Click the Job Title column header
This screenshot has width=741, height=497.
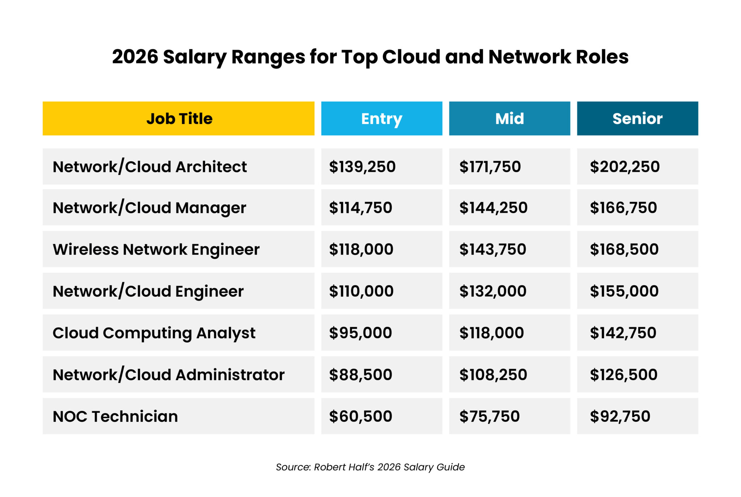(x=179, y=119)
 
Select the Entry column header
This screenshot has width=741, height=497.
(x=381, y=119)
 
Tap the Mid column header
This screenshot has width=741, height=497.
(x=509, y=119)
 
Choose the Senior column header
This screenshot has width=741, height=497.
(x=637, y=119)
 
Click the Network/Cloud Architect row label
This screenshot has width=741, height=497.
(x=149, y=167)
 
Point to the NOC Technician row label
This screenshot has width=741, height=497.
(x=115, y=416)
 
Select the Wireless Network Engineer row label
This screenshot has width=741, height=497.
(x=156, y=250)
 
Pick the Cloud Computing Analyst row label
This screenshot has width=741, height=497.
(x=154, y=333)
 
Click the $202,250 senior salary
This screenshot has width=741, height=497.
(x=624, y=167)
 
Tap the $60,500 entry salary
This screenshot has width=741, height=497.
(x=360, y=416)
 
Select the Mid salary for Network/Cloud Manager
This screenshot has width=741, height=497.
(x=493, y=208)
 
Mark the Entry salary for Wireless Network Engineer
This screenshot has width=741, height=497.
(x=361, y=250)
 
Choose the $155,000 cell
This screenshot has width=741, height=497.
(x=624, y=291)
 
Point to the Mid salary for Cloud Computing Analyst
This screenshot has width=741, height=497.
(x=491, y=333)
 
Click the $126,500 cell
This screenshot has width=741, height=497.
(x=623, y=375)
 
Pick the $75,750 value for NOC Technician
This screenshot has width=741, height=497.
(x=489, y=416)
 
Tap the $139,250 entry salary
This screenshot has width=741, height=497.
(x=362, y=167)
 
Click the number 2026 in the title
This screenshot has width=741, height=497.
(x=135, y=57)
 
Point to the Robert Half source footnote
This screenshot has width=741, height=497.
(x=370, y=467)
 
